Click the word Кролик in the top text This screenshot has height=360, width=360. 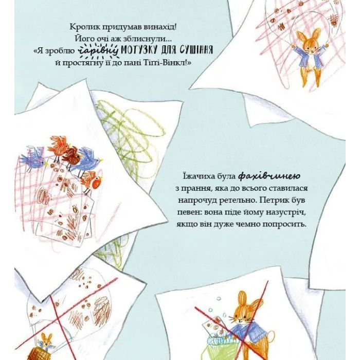click(x=82, y=27)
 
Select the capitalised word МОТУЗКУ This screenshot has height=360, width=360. click(x=139, y=50)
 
